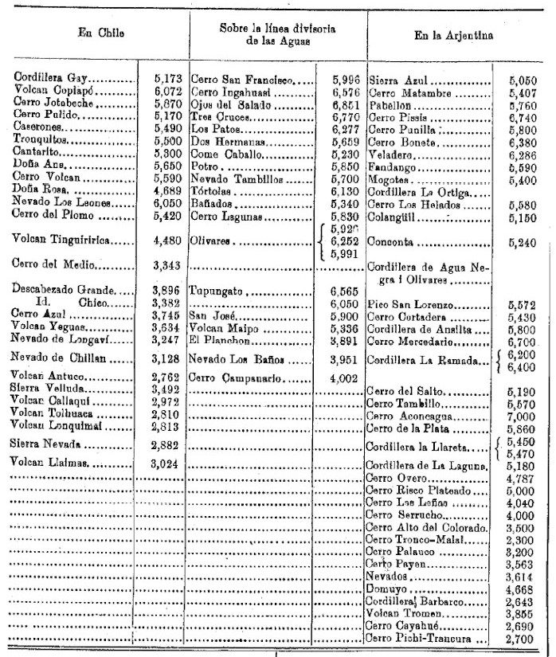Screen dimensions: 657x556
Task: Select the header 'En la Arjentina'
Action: coord(454,35)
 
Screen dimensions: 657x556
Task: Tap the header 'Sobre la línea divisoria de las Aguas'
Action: coord(277,34)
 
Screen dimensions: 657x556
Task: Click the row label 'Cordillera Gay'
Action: coord(52,79)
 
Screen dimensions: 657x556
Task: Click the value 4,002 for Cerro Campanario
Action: coord(346,376)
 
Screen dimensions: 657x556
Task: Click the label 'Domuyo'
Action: coord(383,588)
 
